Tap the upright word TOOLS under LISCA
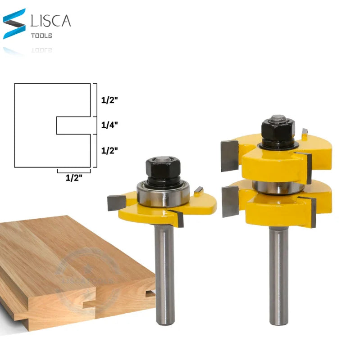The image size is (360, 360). [41, 36]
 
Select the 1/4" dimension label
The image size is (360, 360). [109, 125]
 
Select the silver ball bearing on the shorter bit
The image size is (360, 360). [162, 194]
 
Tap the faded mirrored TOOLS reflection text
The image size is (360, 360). [41, 49]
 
